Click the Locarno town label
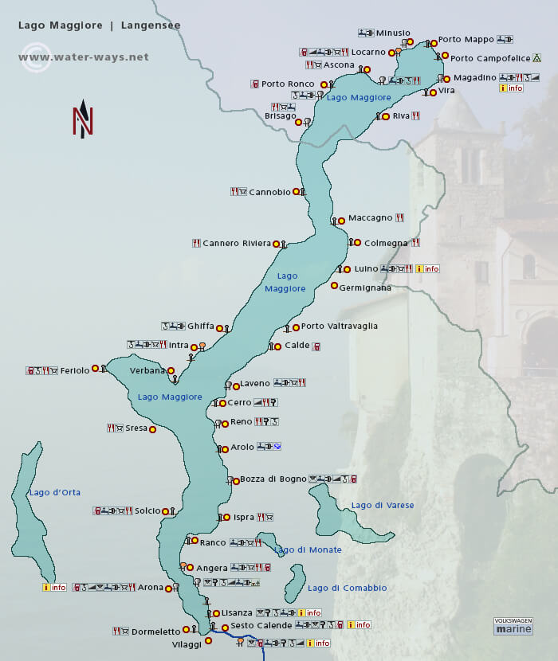pos(368,52)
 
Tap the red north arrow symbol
pos(83,119)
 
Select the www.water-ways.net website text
pos(84,57)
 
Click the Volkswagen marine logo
pos(513,625)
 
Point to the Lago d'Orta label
pos(55,492)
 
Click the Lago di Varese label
pos(383,505)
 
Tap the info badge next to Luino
pos(427,269)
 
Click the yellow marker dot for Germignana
pos(334,286)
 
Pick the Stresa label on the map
pos(136,428)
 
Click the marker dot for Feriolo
pos(95,368)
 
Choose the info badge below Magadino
pos(511,88)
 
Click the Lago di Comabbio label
pos(347,588)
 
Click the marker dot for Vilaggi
pos(208,640)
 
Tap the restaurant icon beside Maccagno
pos(400,217)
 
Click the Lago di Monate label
pos(308,550)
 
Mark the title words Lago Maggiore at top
pos(61,25)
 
